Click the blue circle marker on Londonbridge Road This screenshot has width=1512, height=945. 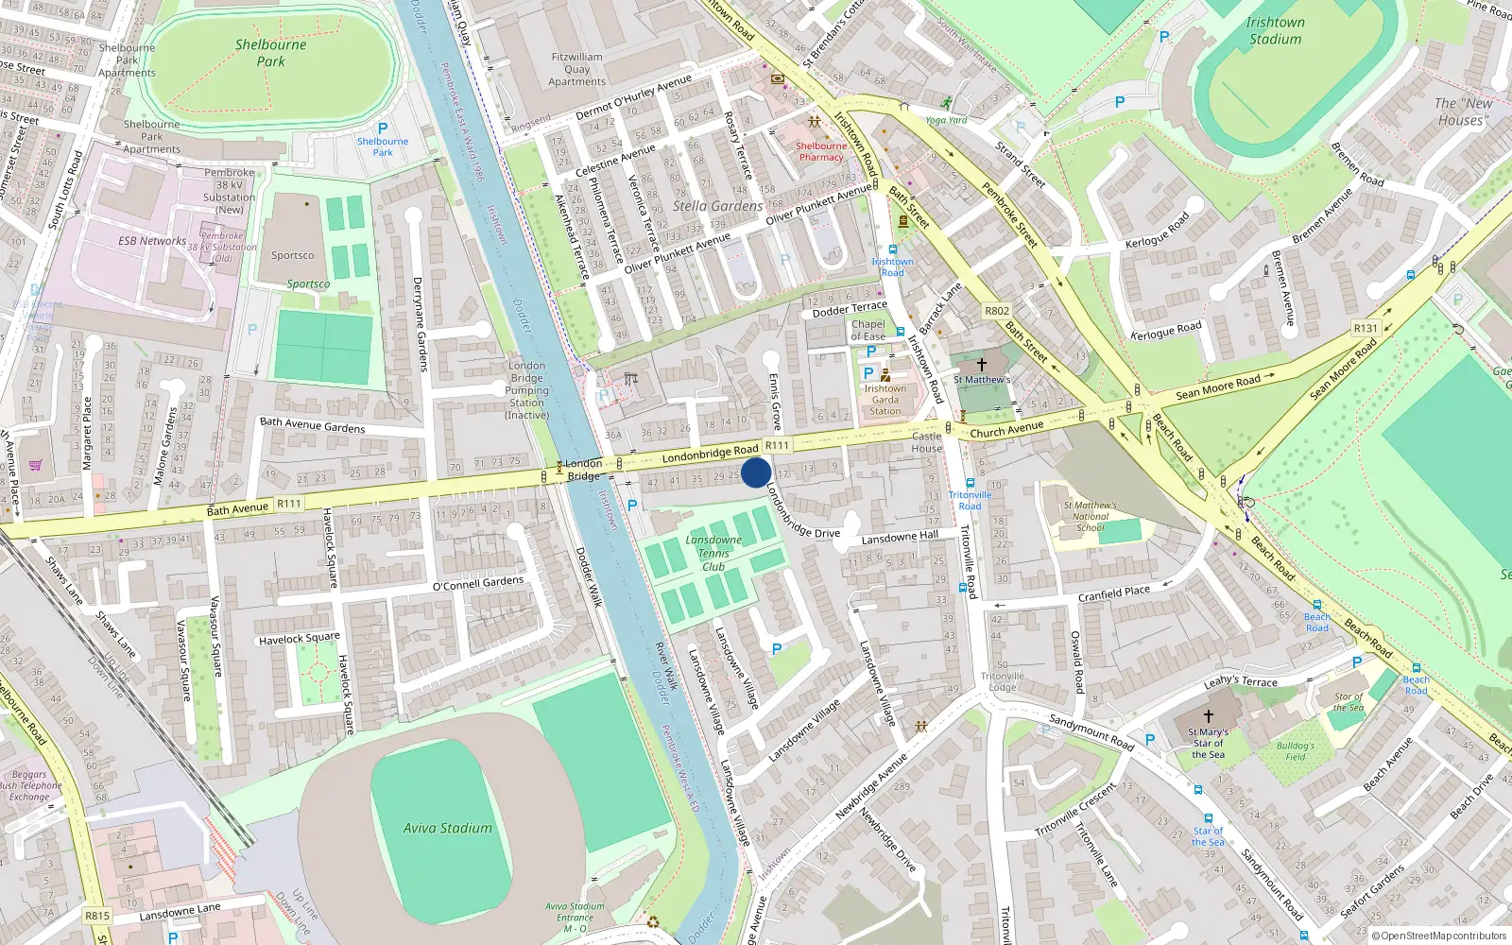pos(756,472)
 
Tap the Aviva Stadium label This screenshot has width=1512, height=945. pos(448,829)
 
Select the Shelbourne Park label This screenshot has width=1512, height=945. pos(270,53)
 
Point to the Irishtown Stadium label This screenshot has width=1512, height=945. pos(1275,31)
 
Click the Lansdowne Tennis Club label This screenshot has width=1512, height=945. pos(713,554)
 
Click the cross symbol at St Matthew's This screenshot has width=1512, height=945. pos(981,364)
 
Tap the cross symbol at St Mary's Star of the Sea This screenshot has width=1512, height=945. pos(1208,716)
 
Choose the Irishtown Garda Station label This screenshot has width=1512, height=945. pos(885,400)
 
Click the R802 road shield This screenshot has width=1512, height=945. pos(997,311)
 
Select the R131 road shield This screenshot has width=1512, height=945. pos(1366,329)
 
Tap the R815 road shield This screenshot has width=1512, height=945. pos(97,916)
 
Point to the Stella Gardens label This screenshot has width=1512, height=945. pos(718,206)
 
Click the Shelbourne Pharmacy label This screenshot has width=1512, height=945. pos(820,151)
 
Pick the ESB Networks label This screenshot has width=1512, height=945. pos(152,241)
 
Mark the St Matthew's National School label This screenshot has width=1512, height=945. pos(1090,516)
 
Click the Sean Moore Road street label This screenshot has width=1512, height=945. pos(1218,387)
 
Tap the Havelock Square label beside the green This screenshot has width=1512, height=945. pos(299,639)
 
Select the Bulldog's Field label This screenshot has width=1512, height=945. pos(1295,751)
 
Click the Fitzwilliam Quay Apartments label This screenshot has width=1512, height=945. pos(577,69)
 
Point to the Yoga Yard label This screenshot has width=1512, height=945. pos(946,120)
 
